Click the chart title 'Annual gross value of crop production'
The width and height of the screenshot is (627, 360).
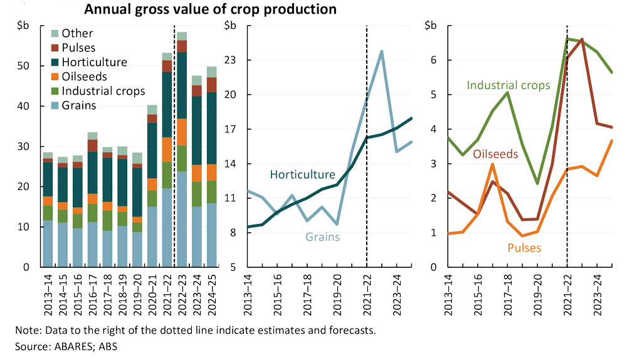(x=210, y=10)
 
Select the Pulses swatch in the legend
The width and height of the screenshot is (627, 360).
(x=54, y=48)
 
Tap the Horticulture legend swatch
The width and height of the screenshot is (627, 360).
(x=54, y=62)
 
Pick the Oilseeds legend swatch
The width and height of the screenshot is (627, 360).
(x=54, y=77)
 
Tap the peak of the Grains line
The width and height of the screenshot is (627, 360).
(x=381, y=51)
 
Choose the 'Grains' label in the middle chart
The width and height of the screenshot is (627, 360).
(x=324, y=237)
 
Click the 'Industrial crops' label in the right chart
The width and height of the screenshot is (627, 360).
(x=508, y=85)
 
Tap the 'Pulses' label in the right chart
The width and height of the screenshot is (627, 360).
(x=522, y=248)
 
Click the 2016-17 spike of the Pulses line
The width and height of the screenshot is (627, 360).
(x=492, y=164)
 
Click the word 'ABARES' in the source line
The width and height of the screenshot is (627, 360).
(x=61, y=346)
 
